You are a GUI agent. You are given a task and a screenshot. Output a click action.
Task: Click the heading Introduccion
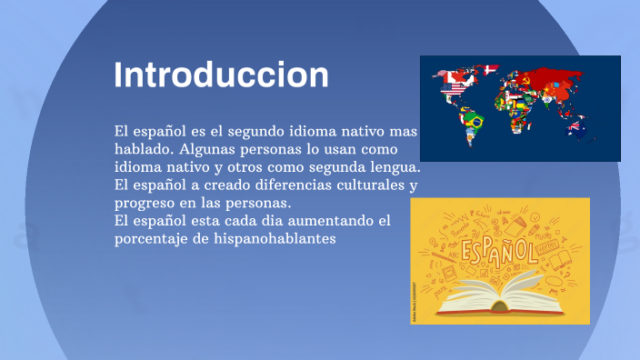coord(222,74)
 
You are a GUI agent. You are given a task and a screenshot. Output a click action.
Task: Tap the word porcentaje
coord(156,239)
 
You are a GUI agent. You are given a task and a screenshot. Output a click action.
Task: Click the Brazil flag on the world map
coord(473,118)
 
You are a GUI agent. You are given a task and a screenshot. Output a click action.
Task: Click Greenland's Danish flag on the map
coord(491,69)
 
